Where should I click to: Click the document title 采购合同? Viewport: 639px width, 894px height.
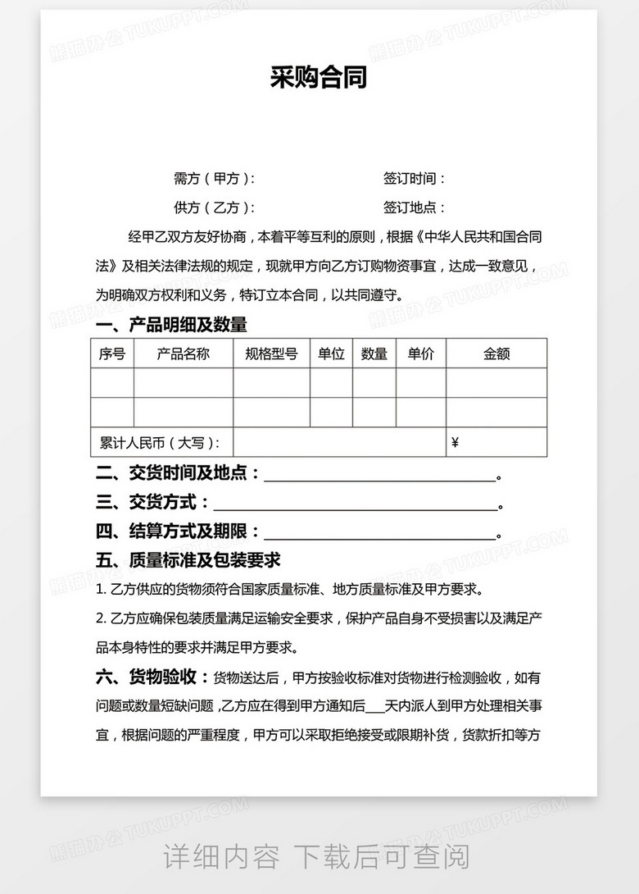coord(319,78)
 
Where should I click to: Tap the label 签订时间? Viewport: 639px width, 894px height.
coord(415,179)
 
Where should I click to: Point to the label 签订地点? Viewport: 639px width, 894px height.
coord(415,208)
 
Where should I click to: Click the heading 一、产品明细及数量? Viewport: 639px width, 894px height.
coord(171,325)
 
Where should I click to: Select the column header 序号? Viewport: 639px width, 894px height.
coord(112,353)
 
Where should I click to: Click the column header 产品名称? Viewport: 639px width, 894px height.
coord(184,353)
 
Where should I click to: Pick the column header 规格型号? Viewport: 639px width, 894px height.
coord(271,353)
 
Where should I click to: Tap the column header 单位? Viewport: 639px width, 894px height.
coord(331,353)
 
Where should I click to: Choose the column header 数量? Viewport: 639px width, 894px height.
coord(374,353)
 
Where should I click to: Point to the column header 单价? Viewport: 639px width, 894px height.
coord(421,353)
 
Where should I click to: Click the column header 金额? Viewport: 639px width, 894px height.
coord(496,353)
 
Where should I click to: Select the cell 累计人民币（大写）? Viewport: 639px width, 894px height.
coord(161,443)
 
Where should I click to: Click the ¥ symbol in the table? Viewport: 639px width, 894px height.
coord(455,443)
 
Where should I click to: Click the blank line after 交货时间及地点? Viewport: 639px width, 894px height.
coord(379,476)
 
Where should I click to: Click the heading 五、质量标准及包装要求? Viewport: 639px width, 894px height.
coord(188,560)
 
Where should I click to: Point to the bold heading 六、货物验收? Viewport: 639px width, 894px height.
coord(151,677)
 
